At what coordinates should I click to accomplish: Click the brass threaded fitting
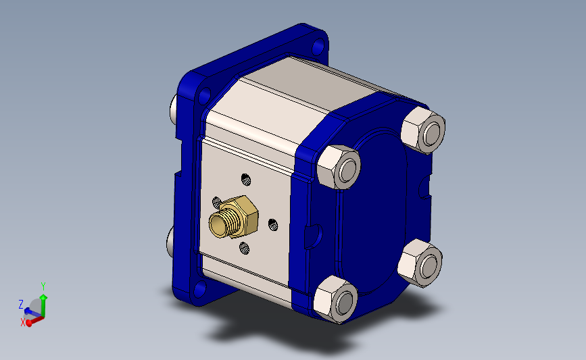coord(234,217)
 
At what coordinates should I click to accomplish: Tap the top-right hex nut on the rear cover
coord(423,130)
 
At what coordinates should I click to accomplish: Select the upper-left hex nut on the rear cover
coord(339,167)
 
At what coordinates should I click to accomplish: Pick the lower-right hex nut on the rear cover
coord(420,263)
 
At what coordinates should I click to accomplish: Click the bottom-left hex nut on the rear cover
coord(336,299)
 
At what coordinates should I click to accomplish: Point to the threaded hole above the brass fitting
coord(245,179)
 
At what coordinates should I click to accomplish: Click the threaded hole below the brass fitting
coord(245,248)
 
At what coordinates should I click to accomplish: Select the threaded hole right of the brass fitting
coord(273,225)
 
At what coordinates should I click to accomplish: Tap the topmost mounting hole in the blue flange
coord(318,47)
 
